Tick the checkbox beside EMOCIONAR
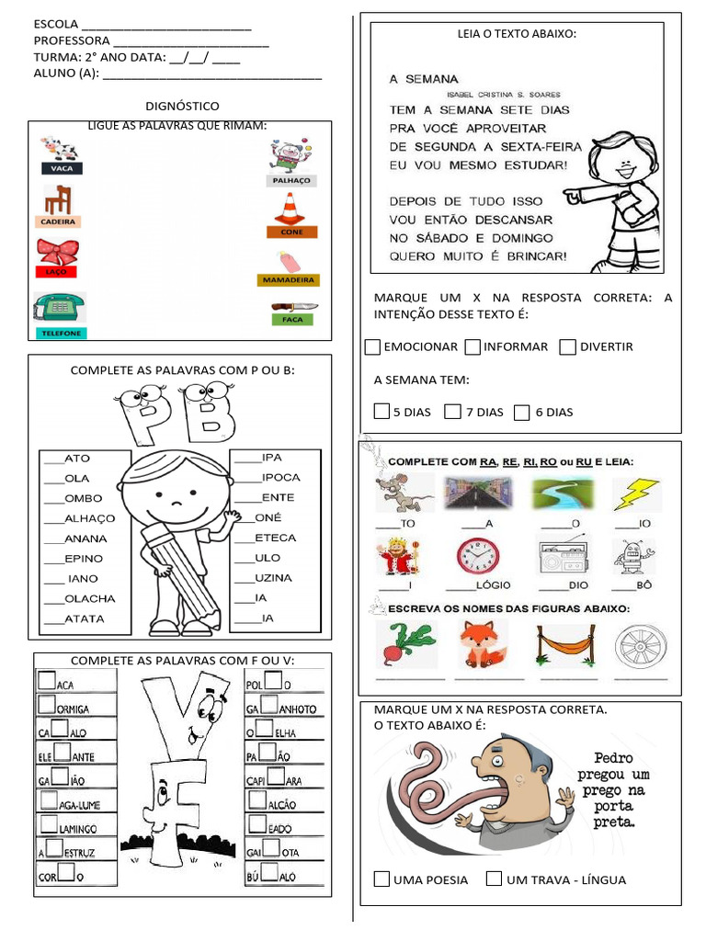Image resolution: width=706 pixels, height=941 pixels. click(372, 346)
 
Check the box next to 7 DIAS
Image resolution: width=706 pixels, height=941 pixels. click(452, 412)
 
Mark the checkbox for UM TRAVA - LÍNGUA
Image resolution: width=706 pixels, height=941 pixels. click(494, 879)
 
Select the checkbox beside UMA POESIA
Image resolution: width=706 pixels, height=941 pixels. click(381, 879)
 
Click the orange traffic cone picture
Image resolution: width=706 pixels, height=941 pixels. click(290, 209)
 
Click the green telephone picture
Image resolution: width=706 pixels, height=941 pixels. click(60, 307)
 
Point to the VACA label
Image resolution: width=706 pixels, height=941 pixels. click(61, 168)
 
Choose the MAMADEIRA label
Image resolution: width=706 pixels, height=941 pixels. click(289, 279)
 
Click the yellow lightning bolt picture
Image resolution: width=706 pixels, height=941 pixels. click(632, 494)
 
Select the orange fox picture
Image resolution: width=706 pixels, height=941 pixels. click(482, 643)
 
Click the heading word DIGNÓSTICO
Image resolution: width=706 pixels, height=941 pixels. click(182, 107)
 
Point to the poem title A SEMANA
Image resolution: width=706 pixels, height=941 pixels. click(424, 79)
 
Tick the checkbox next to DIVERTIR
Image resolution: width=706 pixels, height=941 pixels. click(567, 346)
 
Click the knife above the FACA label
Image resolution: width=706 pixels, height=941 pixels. click(294, 307)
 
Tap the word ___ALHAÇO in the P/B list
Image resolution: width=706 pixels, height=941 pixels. click(80, 518)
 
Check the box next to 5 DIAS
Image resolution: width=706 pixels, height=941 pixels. click(381, 412)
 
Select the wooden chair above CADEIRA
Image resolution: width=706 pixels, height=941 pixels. click(59, 198)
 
